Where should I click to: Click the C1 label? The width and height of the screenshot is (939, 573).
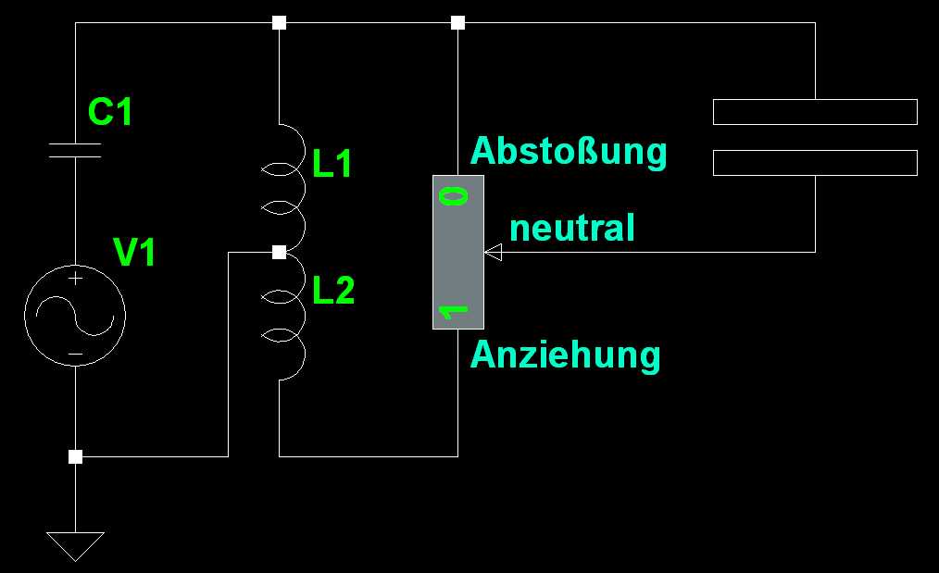[x=110, y=113]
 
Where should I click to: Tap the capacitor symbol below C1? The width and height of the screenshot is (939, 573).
[x=75, y=151]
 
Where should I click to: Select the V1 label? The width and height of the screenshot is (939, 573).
[x=134, y=252]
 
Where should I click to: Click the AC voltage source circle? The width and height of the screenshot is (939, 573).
[x=75, y=315]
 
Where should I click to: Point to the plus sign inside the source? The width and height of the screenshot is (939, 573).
[x=75, y=279]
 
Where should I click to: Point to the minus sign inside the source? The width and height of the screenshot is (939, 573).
[x=75, y=354]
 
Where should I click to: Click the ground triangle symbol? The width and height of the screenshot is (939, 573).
[x=75, y=544]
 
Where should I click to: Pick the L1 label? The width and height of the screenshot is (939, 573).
[x=332, y=165]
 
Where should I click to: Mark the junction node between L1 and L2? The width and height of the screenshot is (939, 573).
[x=279, y=252]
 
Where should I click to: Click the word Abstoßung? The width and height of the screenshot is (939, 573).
[x=569, y=150]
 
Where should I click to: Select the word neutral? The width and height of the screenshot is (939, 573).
[x=572, y=228]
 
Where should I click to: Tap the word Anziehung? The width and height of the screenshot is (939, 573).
[x=565, y=355]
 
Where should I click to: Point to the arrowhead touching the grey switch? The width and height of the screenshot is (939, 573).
[x=493, y=252]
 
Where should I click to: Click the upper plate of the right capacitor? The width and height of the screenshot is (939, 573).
[x=815, y=112]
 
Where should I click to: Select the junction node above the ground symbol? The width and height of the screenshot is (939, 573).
[x=75, y=456]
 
